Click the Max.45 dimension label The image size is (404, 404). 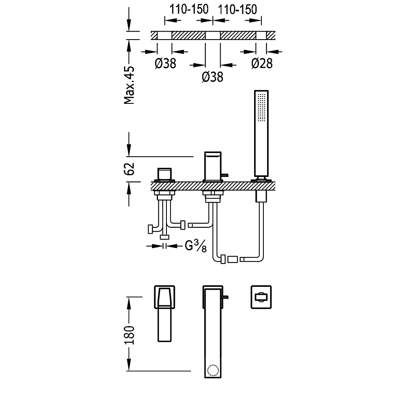pos(129,85)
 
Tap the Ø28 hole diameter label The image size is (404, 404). pos(262,63)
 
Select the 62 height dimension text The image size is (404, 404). pos(129,169)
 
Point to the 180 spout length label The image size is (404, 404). pos(129,335)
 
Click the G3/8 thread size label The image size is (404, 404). pos(196,246)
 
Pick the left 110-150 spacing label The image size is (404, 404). pos(189,9)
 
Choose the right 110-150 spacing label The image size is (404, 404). pos(237,10)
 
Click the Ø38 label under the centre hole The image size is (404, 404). pos(213,77)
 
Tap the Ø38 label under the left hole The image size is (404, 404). pos(165,63)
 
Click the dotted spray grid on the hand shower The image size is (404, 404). pos(262,107)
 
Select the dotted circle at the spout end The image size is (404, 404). pos(213,370)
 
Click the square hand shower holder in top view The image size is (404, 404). pos(261,297)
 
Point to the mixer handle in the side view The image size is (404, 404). pos(165,174)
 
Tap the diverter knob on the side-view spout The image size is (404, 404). pos(225,175)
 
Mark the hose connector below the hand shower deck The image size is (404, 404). pos(261,196)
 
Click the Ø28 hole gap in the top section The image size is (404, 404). pos(261,36)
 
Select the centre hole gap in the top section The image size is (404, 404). pos(213,36)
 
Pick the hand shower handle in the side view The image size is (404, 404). pos(261,133)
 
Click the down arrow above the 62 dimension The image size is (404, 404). pos(129,144)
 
